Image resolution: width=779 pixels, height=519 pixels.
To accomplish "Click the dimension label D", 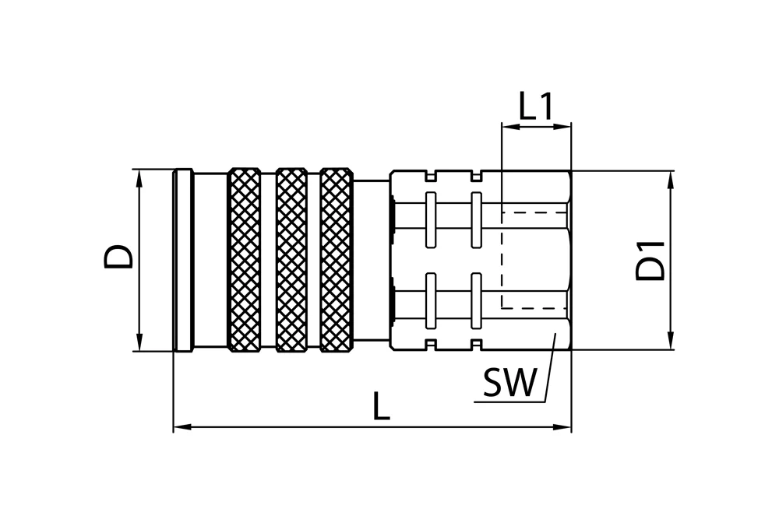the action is tap(118, 256).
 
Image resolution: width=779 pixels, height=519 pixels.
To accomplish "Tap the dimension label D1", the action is tap(650, 261).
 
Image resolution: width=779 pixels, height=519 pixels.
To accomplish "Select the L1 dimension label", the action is tap(536, 106).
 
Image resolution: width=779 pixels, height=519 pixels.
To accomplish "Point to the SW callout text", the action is tap(509, 382).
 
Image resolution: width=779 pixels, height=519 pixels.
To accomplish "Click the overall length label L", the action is tap(381, 406).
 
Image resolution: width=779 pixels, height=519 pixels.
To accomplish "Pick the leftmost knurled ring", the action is tap(244, 260).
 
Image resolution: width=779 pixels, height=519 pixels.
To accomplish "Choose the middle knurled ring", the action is tap(291, 260).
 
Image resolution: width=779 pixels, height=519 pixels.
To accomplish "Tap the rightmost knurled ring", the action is tap(337, 260).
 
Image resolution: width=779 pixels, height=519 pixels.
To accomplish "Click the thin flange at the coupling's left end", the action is tap(183, 261).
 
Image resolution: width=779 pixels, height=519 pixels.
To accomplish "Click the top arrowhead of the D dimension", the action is tap(139, 179).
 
